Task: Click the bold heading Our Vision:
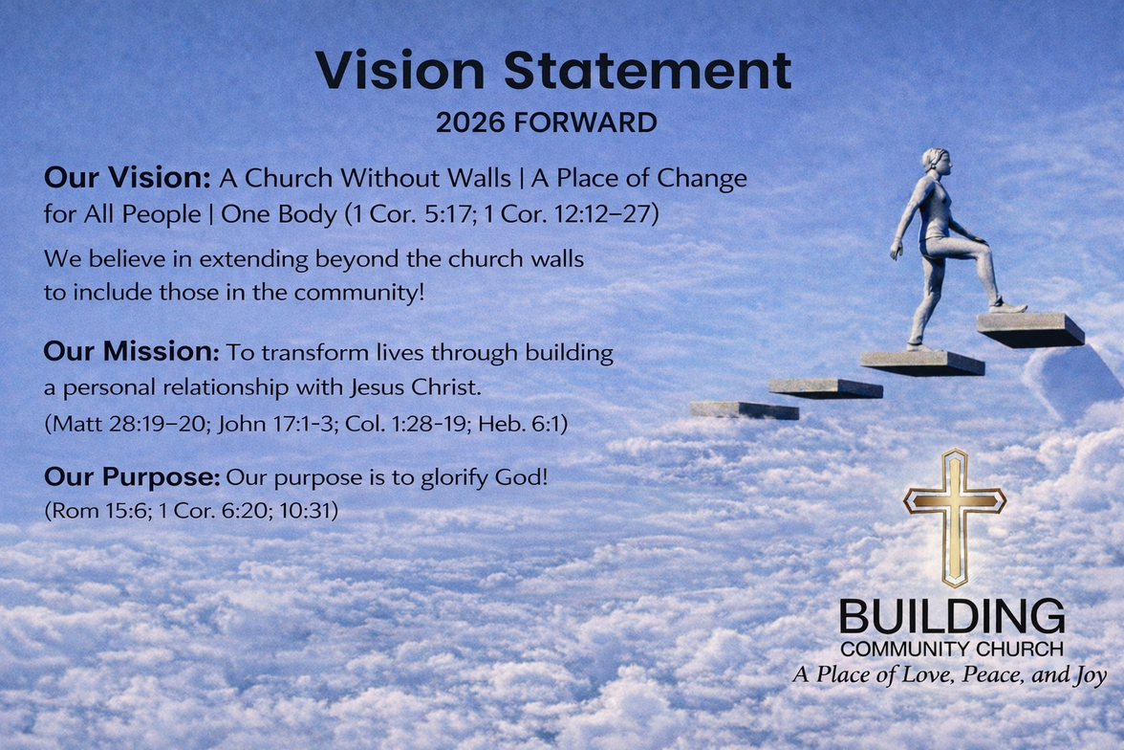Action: [x=127, y=178]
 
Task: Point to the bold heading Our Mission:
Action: [x=131, y=352]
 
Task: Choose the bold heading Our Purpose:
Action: [x=132, y=476]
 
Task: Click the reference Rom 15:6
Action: [x=93, y=511]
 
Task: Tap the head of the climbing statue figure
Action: [x=936, y=163]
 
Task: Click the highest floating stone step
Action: [x=1030, y=328]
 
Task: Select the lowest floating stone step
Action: [x=744, y=409]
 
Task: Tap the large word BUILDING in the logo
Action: [x=952, y=617]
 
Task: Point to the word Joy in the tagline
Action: [x=1087, y=675]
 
